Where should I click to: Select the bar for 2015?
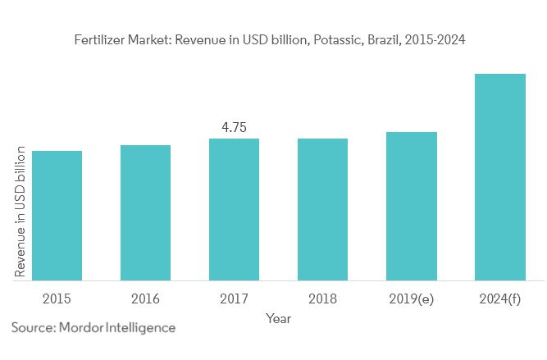(x=57, y=215)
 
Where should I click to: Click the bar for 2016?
(x=145, y=212)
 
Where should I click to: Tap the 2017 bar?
(x=234, y=209)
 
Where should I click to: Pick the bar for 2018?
(x=322, y=209)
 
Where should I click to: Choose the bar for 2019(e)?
(x=412, y=206)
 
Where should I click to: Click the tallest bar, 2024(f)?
(x=500, y=176)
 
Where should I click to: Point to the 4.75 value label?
(x=234, y=127)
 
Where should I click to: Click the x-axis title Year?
(x=279, y=318)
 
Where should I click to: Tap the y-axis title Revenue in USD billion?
(x=21, y=213)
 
